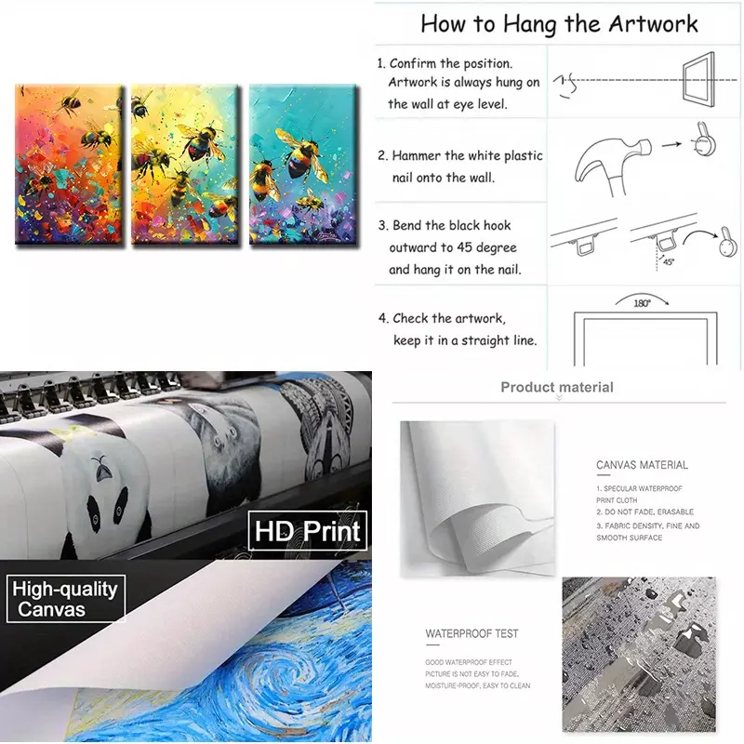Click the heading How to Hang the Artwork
coord(559,24)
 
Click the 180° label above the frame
coord(642,303)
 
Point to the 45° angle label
coord(669,261)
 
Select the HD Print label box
coord(308,530)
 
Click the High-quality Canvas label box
coord(65,598)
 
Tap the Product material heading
coord(557,387)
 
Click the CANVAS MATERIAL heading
coord(642,465)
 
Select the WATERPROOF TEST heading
coord(472,633)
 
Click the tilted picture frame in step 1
coord(698,78)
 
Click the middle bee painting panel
coord(184,165)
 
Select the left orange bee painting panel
coord(69,165)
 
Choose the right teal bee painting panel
coord(303,165)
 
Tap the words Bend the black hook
coord(451,225)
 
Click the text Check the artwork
coord(449,318)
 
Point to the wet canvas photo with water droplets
coord(639,655)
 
